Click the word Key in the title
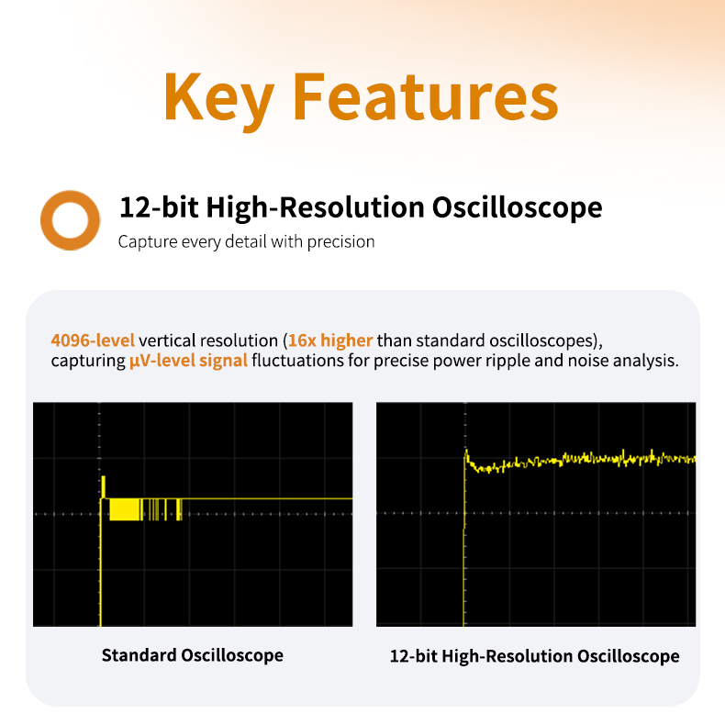(x=218, y=99)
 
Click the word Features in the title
(x=426, y=96)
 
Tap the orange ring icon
(x=71, y=220)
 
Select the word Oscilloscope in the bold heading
(x=517, y=206)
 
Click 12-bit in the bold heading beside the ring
(x=160, y=206)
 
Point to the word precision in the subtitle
(x=340, y=242)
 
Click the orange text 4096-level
(x=93, y=340)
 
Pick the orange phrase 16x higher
(x=330, y=340)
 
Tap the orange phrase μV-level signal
(x=188, y=361)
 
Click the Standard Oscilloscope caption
(x=193, y=655)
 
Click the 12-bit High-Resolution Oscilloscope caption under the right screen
(x=534, y=656)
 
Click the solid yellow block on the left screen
(x=125, y=509)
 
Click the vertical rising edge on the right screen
(x=463, y=540)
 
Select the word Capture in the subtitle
(x=148, y=242)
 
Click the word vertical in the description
(x=167, y=340)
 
